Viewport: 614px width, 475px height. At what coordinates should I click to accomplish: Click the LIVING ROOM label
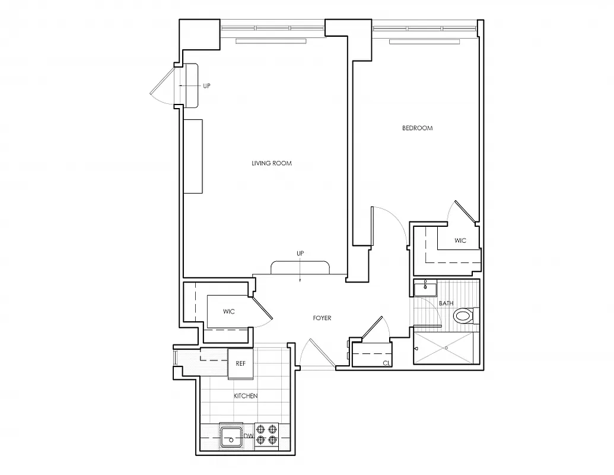pyautogui.click(x=271, y=163)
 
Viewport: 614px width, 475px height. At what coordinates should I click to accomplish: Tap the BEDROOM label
pyautogui.click(x=417, y=128)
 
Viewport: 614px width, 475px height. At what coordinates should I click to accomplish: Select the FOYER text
pyautogui.click(x=322, y=318)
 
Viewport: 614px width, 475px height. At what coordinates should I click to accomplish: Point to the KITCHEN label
pyautogui.click(x=245, y=396)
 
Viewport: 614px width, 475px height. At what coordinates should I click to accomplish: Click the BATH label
pyautogui.click(x=446, y=303)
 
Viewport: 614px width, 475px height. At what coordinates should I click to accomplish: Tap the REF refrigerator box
pyautogui.click(x=240, y=363)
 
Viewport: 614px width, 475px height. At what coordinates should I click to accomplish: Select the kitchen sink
pyautogui.click(x=230, y=436)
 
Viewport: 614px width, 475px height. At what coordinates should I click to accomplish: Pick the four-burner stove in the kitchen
pyautogui.click(x=266, y=434)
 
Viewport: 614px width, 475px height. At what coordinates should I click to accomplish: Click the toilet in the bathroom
pyautogui.click(x=466, y=316)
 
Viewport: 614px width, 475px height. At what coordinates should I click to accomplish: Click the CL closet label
pyautogui.click(x=386, y=363)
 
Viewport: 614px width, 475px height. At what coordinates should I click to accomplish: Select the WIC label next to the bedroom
pyautogui.click(x=460, y=240)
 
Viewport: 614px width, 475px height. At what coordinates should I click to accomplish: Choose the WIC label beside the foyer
pyautogui.click(x=229, y=312)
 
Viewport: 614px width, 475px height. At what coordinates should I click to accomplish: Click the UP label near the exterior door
pyautogui.click(x=206, y=86)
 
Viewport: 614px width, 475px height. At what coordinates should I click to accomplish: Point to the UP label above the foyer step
pyautogui.click(x=300, y=254)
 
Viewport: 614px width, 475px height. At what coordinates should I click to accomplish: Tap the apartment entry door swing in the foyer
pyautogui.click(x=312, y=355)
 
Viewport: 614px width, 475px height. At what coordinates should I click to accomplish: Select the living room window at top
pyautogui.click(x=273, y=27)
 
